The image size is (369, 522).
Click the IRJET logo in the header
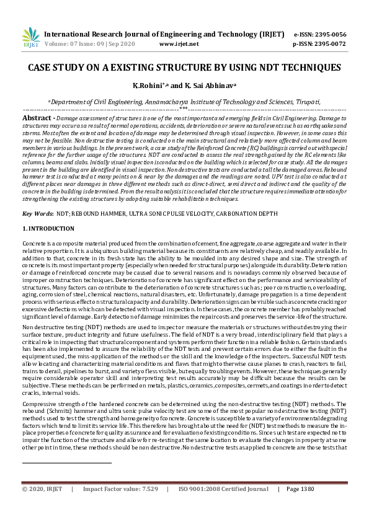(x=30, y=37)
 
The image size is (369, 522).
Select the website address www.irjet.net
(x=179, y=45)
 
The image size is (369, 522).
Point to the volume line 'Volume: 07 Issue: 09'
(x=77, y=45)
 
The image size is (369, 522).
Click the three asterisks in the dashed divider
(x=184, y=109)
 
